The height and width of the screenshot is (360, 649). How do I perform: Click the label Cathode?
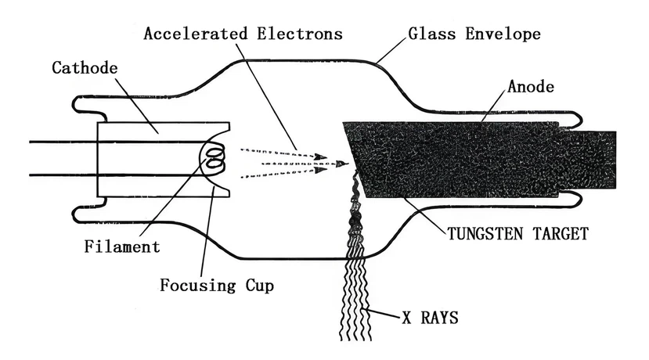tap(84, 68)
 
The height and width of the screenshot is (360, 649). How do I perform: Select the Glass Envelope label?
tap(474, 34)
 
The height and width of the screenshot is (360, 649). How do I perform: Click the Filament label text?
tap(121, 247)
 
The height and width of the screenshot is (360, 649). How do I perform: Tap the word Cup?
tap(258, 285)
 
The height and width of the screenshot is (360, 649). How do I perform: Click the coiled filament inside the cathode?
tap(214, 160)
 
